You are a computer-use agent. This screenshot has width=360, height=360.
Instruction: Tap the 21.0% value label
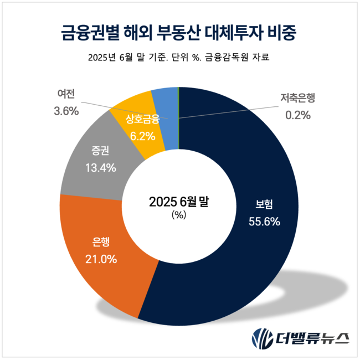[100, 258]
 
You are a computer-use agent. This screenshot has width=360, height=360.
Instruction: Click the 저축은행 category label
[298, 99]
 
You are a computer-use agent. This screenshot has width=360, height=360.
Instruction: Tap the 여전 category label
[66, 94]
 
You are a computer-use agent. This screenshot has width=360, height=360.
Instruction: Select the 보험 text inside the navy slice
[264, 204]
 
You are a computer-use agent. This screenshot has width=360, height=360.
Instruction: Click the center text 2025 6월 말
[178, 202]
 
